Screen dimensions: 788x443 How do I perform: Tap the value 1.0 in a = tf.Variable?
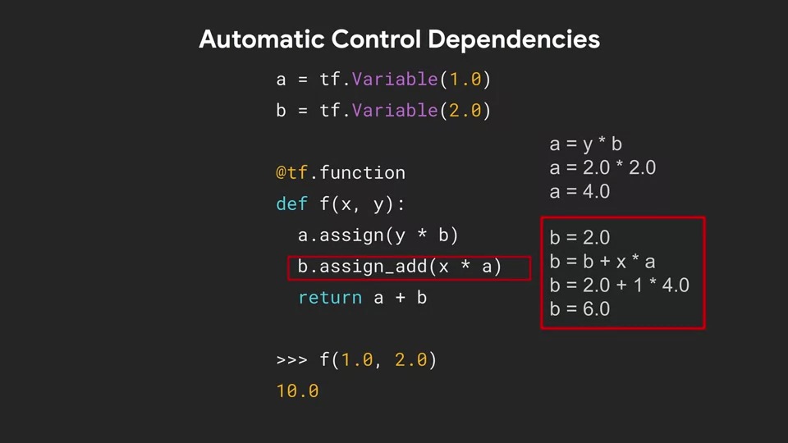465,80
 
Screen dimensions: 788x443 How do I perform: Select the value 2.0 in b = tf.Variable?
465,111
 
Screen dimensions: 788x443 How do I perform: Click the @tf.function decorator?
341,173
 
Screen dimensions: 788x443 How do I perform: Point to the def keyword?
292,204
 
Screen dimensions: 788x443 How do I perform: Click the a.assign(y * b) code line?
378,235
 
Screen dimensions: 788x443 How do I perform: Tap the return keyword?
330,298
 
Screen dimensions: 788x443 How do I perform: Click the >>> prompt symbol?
292,360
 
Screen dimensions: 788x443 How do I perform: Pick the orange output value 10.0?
297,391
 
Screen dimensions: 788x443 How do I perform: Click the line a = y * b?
585,144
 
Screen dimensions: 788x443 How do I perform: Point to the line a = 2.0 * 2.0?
602,168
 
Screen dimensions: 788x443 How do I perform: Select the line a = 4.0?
580,192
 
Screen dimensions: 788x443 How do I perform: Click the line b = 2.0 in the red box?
580,238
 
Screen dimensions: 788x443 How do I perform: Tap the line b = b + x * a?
602,262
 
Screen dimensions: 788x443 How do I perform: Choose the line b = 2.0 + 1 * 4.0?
619,285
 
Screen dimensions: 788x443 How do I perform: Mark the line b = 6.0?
580,309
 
